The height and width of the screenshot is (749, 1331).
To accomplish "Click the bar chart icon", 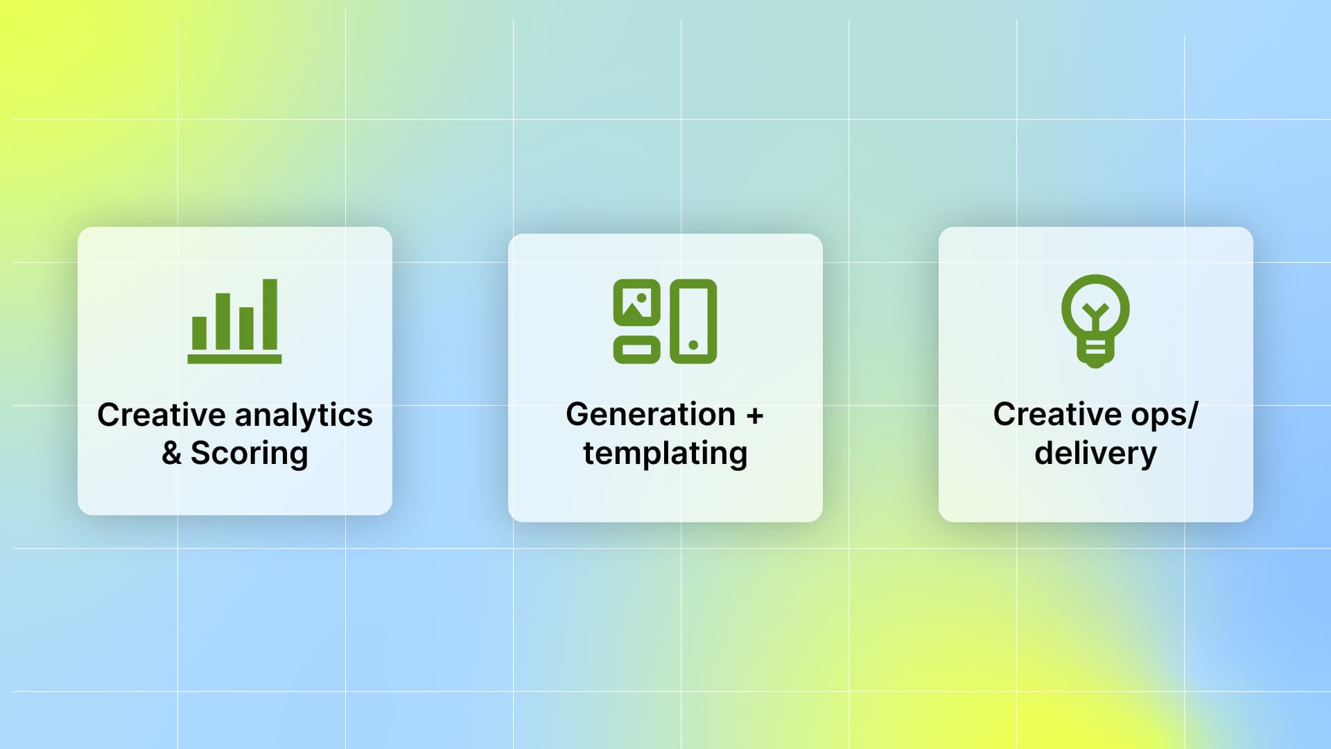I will click(x=234, y=320).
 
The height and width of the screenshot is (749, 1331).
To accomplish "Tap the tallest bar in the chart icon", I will click(x=270, y=314).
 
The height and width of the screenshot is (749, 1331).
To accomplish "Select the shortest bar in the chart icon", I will click(x=199, y=333).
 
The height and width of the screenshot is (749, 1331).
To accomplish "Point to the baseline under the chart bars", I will click(x=234, y=359).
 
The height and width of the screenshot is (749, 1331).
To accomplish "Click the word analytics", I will click(x=304, y=415).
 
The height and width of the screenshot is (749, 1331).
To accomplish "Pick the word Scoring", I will click(x=249, y=454).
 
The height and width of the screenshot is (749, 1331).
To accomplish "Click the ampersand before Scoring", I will click(x=171, y=454).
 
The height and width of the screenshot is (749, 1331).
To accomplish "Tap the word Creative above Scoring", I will click(x=161, y=415).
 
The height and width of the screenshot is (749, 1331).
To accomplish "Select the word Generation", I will click(x=650, y=415).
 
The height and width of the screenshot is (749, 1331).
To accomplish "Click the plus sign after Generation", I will click(x=755, y=415).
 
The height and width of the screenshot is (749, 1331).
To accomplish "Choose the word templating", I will click(x=665, y=454).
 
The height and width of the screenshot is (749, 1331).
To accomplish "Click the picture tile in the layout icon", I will click(x=636, y=302).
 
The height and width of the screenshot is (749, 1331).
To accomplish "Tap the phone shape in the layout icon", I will click(x=693, y=321).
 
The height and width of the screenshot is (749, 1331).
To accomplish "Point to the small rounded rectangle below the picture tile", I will click(x=636, y=350).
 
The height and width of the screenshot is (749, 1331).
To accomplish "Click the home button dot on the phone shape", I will click(x=693, y=345).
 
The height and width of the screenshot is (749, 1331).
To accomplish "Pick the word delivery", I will click(x=1095, y=454).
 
